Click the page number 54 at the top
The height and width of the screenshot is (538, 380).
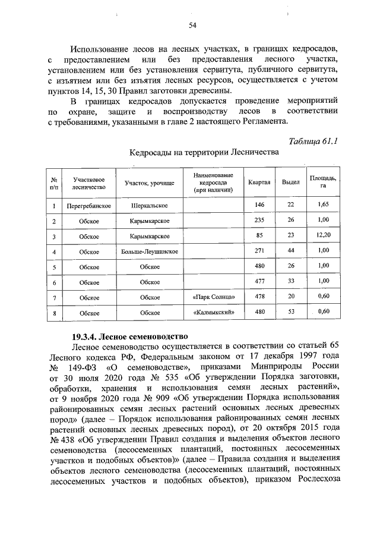click(192, 25)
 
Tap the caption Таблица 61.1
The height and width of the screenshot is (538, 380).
click(313, 141)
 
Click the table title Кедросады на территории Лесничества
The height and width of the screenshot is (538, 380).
click(204, 153)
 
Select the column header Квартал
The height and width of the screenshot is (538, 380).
click(259, 182)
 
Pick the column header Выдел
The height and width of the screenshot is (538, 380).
click(290, 182)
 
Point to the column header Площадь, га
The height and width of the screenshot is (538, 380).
click(323, 182)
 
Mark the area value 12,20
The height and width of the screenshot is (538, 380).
click(323, 236)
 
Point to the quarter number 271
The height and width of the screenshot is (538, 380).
click(259, 251)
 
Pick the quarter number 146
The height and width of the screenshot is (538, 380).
click(259, 205)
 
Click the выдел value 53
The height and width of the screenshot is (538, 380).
click(290, 312)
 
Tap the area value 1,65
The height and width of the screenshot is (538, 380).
click(323, 205)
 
